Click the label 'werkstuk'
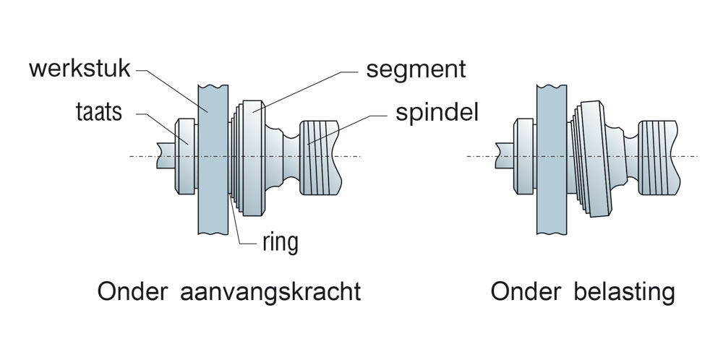(x=80, y=71)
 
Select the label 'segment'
(x=416, y=71)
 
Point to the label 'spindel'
(x=437, y=113)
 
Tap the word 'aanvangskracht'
(x=269, y=293)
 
